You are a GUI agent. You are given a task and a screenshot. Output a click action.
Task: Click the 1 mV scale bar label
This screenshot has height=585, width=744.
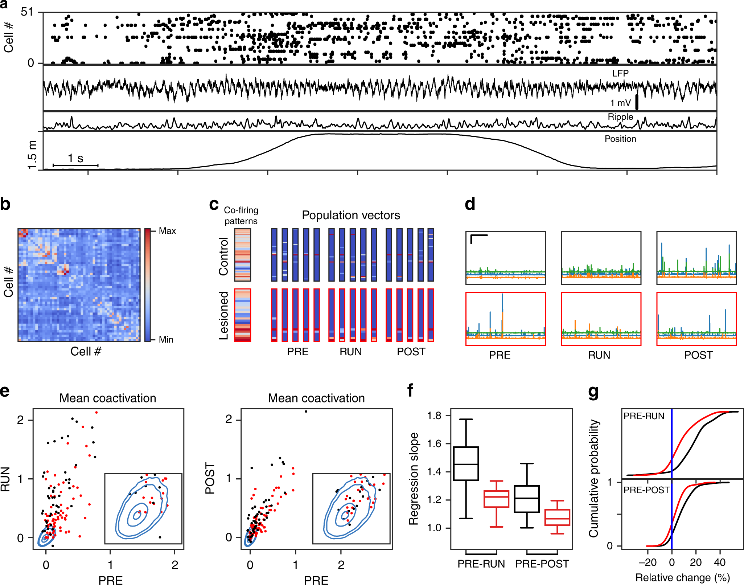click(x=620, y=103)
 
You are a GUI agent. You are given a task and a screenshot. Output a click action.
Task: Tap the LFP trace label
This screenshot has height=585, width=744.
click(x=620, y=73)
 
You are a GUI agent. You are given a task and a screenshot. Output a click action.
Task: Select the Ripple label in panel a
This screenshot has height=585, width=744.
click(x=620, y=117)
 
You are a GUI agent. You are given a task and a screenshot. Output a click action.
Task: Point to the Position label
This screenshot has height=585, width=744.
click(x=620, y=139)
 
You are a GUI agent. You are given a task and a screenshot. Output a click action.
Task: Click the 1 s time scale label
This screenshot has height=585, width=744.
click(x=75, y=158)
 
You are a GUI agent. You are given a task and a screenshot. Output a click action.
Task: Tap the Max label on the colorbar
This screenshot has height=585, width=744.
click(x=167, y=231)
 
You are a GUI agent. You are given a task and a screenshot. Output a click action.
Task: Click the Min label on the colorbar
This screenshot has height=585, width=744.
click(x=166, y=340)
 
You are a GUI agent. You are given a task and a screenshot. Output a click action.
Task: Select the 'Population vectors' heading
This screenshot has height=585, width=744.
click(x=351, y=215)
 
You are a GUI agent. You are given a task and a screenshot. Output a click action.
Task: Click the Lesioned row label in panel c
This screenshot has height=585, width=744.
click(x=223, y=315)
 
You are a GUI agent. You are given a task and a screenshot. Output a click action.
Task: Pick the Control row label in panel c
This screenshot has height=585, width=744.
click(x=223, y=256)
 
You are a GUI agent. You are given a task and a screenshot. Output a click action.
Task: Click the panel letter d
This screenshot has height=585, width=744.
click(x=470, y=204)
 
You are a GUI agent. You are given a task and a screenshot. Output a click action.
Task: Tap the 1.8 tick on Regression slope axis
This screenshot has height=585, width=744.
click(x=434, y=416)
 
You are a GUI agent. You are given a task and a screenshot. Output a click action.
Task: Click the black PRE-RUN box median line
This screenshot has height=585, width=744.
click(x=466, y=464)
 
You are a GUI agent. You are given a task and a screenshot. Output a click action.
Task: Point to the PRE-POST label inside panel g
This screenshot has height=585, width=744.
click(x=646, y=490)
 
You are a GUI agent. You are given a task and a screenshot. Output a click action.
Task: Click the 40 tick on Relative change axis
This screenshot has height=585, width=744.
click(x=720, y=562)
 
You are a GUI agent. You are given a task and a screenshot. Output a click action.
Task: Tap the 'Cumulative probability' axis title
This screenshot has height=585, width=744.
click(x=593, y=478)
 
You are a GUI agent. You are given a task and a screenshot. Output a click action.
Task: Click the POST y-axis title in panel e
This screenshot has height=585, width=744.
click(x=210, y=478)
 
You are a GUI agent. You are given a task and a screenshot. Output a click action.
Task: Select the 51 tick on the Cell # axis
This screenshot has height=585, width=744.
click(x=27, y=12)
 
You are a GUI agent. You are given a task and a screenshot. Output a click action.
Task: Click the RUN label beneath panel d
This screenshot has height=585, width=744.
click(x=599, y=355)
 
